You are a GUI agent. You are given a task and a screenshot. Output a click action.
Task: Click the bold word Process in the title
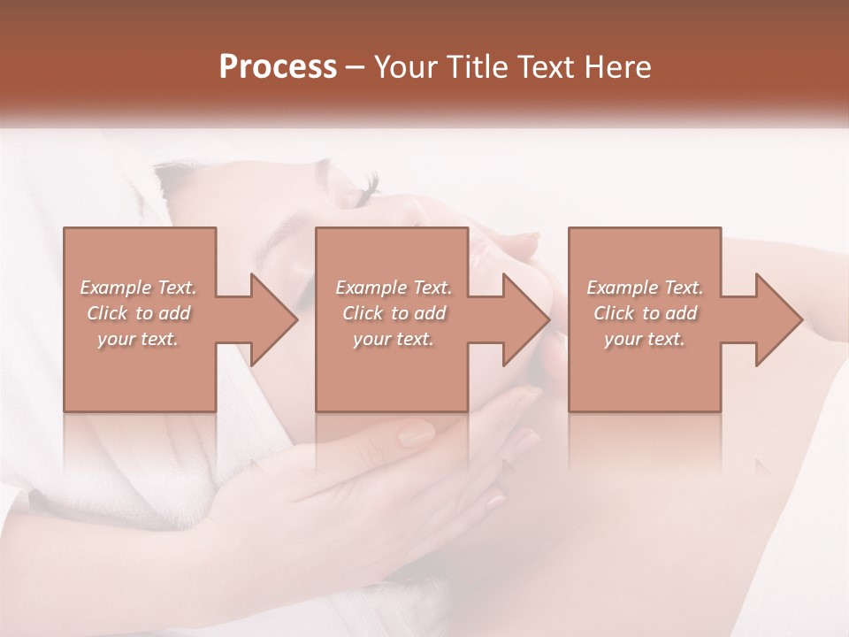point(278,66)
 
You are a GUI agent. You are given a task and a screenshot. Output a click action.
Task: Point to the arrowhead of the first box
point(274,319)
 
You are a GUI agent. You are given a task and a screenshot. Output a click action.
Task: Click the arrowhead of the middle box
point(526,319)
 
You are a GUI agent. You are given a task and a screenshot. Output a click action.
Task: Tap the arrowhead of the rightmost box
point(778,319)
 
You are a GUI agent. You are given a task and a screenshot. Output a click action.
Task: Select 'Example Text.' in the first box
point(139,288)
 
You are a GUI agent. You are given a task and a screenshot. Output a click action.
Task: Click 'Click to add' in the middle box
point(394,313)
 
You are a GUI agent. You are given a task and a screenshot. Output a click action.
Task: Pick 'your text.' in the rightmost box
point(645,339)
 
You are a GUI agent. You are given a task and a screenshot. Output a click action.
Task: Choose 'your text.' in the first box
point(139,339)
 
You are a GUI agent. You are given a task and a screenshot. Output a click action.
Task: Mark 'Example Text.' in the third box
point(645,288)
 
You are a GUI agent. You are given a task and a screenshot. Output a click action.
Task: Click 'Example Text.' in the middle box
point(394,288)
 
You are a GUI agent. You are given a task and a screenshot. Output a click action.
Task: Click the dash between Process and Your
point(356,67)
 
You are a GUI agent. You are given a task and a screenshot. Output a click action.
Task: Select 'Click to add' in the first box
point(139,313)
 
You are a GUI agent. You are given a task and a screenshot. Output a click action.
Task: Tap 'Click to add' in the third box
point(645,313)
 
